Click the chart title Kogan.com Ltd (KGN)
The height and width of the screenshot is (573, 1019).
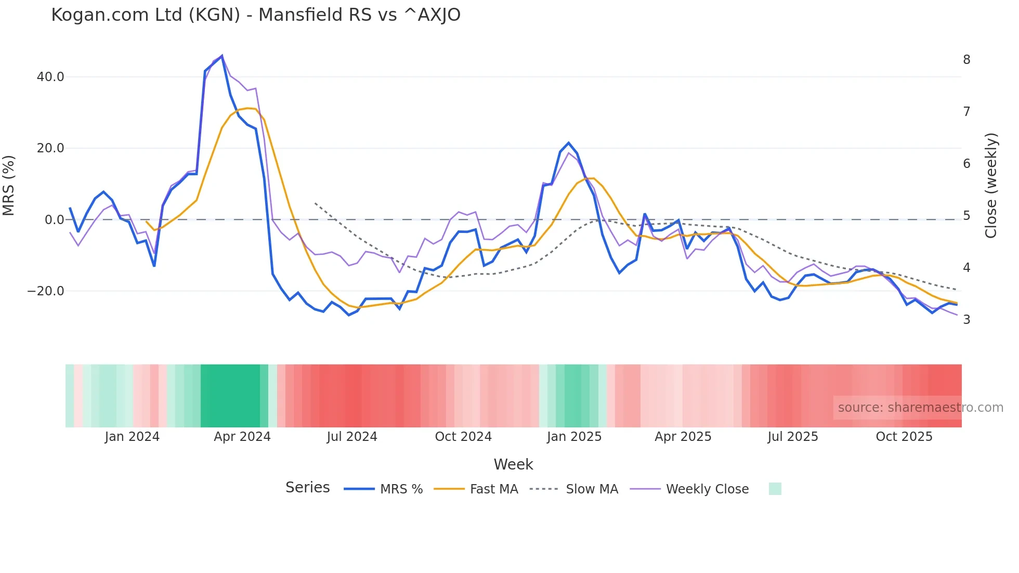coord(255,15)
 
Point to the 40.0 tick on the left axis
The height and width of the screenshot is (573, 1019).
coord(50,77)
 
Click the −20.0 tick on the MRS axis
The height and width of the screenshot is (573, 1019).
coord(46,291)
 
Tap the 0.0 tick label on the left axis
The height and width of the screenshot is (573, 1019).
coord(54,220)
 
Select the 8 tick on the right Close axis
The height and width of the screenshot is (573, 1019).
coord(966,60)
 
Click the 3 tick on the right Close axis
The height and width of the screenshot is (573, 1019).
coord(966,320)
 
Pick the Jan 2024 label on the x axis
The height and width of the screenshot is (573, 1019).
coord(132,437)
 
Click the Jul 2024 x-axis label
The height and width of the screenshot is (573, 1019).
coord(352,437)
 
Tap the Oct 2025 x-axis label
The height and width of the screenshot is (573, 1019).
coord(904,437)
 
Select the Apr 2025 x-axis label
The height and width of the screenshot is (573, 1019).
coord(683,437)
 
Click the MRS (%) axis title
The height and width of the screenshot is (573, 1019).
coord(9,186)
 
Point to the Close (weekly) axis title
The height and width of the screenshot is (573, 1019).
coord(991,186)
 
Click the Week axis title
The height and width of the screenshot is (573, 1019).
coord(513,464)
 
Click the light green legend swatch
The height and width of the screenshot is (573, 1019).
coord(775,489)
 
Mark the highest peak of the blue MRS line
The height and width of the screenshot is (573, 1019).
coord(222,56)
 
